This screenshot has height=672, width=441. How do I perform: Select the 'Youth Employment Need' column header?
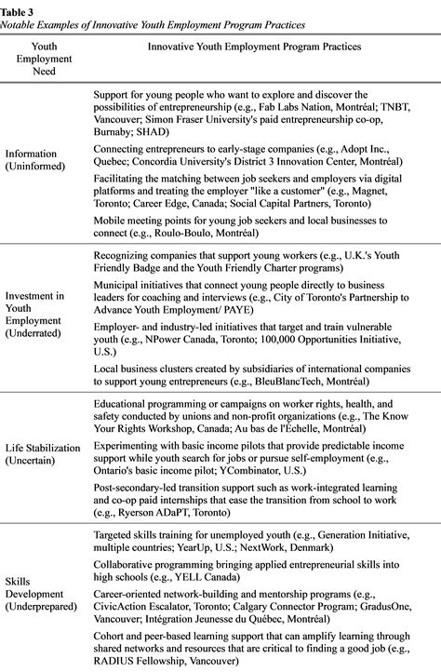coord(44,58)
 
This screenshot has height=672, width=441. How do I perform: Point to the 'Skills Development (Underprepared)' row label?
coord(44,594)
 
